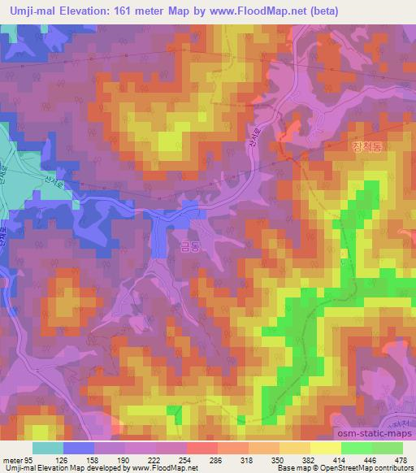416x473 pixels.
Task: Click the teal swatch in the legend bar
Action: coord(48,448)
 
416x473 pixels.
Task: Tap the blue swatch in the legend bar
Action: coord(79,448)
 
